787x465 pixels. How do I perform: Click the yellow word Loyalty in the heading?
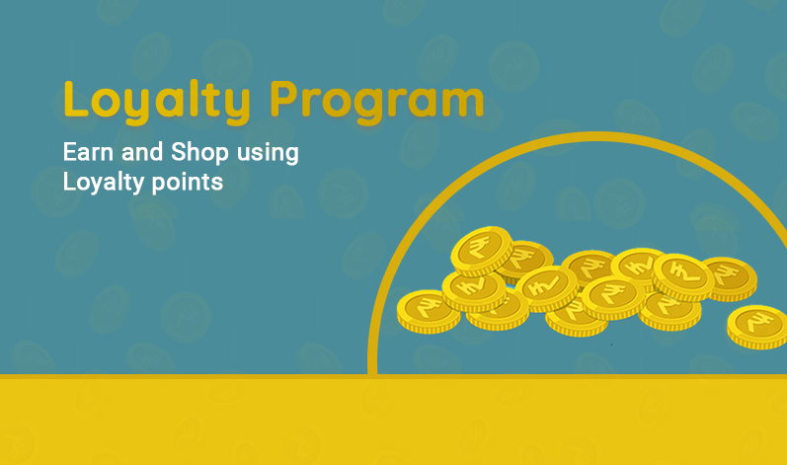157,102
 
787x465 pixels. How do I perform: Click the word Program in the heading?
377,102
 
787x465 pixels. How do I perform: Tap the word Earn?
88,151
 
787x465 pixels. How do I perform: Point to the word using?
268,153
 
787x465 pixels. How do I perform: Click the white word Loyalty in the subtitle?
104,182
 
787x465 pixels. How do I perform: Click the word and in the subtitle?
142,151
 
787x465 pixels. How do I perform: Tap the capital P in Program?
286,99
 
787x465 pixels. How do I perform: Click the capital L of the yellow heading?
76,99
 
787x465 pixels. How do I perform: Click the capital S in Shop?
180,151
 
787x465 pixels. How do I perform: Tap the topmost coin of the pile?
482,251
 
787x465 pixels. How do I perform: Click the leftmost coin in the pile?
429,311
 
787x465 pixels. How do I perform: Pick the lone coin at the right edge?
757,327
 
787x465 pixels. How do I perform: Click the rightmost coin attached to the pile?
731,278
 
